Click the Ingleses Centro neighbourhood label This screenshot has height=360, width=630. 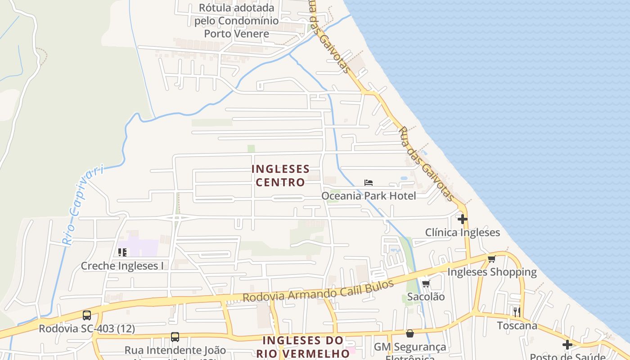tap(280, 175)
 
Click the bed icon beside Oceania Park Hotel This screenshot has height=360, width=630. tap(369, 182)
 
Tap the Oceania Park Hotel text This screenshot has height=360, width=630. tap(369, 196)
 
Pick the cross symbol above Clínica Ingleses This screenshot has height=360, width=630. tap(463, 219)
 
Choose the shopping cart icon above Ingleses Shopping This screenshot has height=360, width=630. tap(492, 259)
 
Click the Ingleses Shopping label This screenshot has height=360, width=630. tap(492, 272)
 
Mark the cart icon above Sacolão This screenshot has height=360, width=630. tap(426, 283)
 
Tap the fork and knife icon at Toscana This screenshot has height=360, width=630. tap(517, 312)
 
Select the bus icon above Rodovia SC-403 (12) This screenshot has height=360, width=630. tap(87, 315)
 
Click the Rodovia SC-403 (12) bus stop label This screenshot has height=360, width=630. tap(87, 328)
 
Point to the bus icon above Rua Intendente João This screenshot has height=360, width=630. tap(175, 337)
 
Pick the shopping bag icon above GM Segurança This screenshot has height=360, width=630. tap(410, 333)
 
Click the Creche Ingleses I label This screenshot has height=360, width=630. tap(122, 266)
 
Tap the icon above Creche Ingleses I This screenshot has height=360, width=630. tap(122, 252)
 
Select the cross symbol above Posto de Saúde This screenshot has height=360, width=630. tap(567, 345)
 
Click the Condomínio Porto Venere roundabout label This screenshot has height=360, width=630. tap(236, 21)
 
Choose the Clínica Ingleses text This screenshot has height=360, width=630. tap(463, 233)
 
